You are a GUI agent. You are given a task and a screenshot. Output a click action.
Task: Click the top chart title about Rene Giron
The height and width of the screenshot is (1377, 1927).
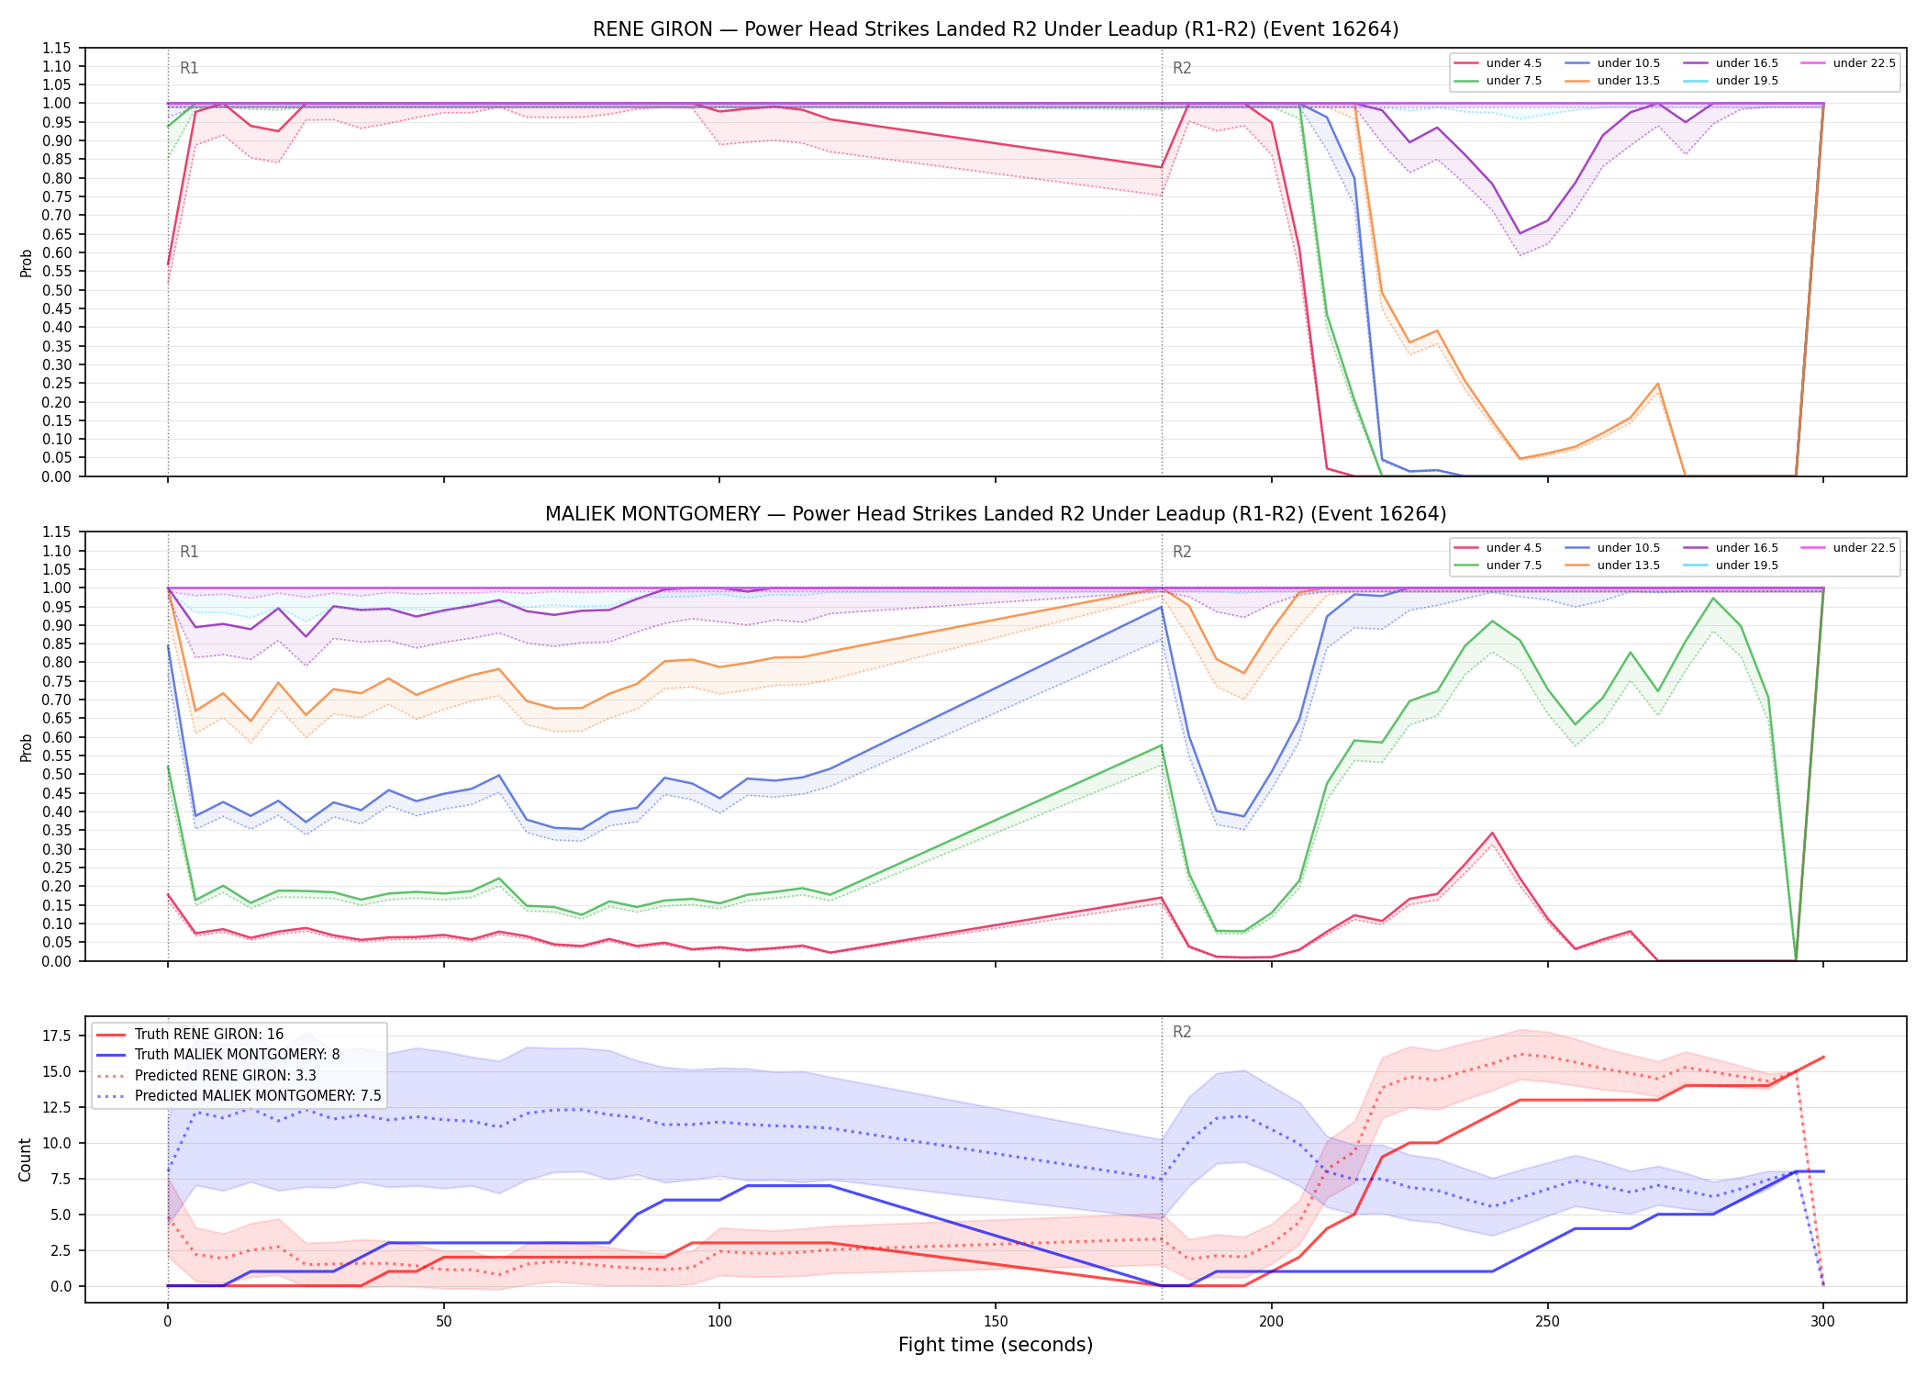tap(996, 29)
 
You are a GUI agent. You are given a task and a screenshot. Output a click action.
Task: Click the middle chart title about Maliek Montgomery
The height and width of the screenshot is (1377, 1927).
tap(996, 514)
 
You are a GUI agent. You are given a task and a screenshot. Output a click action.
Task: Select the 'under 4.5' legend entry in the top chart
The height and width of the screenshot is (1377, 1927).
tap(1498, 63)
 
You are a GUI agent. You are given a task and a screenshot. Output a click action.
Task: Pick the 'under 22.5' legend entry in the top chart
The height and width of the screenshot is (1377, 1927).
tap(1848, 63)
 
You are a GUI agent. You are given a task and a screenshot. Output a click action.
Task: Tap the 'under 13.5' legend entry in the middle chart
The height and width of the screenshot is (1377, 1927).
tap(1612, 565)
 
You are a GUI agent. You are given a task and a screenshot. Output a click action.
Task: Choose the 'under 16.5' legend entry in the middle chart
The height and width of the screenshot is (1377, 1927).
tap(1731, 548)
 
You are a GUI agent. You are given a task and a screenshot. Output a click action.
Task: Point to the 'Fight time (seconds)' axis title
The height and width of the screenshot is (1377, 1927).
tap(996, 1345)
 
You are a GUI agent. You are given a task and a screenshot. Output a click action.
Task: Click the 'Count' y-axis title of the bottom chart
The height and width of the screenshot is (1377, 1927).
tap(25, 1159)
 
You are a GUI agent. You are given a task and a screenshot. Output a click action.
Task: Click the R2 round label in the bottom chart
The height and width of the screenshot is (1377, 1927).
tap(1182, 1032)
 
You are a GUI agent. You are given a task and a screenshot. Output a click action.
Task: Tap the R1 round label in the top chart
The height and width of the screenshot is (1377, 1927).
tap(189, 68)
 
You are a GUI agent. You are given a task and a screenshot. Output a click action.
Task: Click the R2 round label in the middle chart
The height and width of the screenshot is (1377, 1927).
tap(1182, 552)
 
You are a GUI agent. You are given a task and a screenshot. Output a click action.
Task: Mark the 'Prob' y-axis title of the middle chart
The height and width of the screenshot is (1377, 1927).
tap(26, 747)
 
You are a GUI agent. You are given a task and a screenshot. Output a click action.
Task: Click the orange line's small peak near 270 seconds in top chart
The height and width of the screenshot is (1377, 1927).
tap(1657, 384)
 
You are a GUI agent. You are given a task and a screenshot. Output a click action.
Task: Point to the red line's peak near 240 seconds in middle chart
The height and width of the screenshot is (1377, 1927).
tap(1492, 834)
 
